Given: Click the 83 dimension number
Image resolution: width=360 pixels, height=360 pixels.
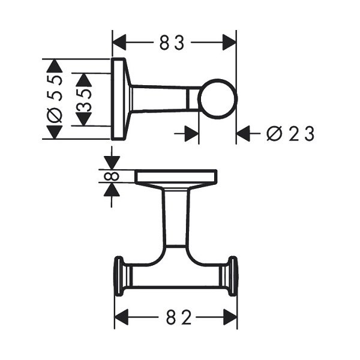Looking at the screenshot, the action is pyautogui.click(x=172, y=43).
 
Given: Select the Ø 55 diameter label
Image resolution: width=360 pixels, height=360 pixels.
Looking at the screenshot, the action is pyautogui.click(x=55, y=98).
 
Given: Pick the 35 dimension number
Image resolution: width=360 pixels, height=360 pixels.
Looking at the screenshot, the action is pyautogui.click(x=84, y=100).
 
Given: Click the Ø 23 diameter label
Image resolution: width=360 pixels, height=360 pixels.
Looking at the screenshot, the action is pyautogui.click(x=290, y=134).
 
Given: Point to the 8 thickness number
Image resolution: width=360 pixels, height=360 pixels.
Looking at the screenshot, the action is pyautogui.click(x=112, y=176).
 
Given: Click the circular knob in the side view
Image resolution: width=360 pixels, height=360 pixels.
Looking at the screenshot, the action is pyautogui.click(x=217, y=99).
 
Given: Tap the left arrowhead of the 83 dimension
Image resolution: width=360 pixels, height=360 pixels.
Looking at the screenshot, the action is pyautogui.click(x=119, y=43).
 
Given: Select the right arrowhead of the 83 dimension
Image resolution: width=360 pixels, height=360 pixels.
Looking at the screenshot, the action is pyautogui.click(x=229, y=43).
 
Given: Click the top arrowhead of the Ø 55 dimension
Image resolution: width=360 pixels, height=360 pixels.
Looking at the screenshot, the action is pyautogui.click(x=55, y=66).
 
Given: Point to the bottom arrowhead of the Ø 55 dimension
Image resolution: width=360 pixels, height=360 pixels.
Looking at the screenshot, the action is pyautogui.click(x=55, y=132).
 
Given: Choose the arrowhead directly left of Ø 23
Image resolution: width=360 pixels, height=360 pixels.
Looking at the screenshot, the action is pyautogui.click(x=243, y=133).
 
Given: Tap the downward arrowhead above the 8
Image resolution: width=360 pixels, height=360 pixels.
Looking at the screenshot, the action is pyautogui.click(x=112, y=163).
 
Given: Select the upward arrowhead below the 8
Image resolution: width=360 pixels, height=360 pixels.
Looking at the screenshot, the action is pyautogui.click(x=112, y=190).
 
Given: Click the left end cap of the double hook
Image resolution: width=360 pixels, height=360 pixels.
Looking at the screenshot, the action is pyautogui.click(x=119, y=276).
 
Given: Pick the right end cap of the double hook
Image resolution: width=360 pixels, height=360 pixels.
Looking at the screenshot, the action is pyautogui.click(x=232, y=276).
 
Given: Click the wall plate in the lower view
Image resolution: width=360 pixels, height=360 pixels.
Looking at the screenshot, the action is pyautogui.click(x=176, y=176).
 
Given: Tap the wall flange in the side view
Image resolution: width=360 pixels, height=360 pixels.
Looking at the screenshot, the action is pyautogui.click(x=118, y=99).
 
